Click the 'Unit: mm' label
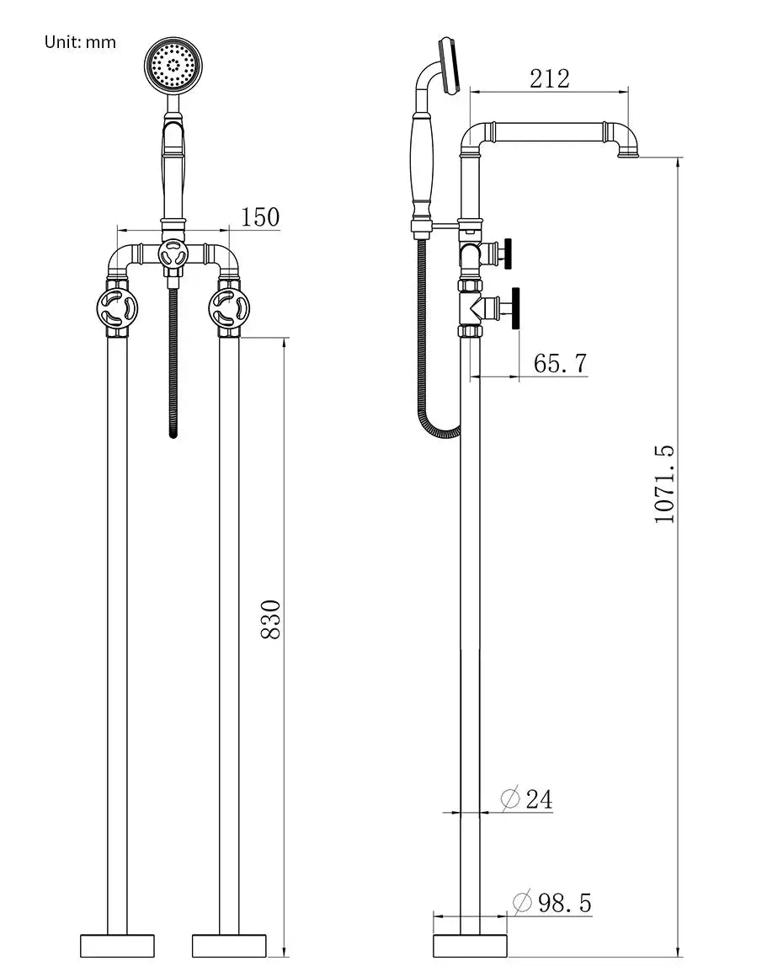coord(80,41)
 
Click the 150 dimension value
coord(260,216)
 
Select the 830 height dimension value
coord(270,619)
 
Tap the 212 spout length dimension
coord(549,78)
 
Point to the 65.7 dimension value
coord(560,364)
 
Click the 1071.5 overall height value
coord(665,484)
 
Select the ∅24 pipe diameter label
coord(528,798)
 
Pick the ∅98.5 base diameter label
coord(552,903)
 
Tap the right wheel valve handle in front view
coord(230,309)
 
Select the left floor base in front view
coord(118,945)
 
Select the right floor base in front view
coord(229,945)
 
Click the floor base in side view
coord(470,945)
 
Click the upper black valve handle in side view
coord(508,253)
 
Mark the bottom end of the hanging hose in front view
coord(173,434)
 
